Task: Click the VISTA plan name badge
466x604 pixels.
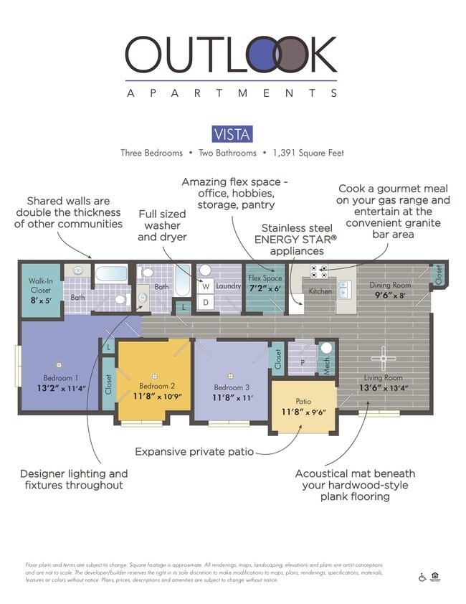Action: tap(232, 134)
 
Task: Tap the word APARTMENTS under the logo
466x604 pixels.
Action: tap(232, 93)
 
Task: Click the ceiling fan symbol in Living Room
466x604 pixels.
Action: tap(385, 357)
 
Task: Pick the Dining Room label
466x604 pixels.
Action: tap(389, 285)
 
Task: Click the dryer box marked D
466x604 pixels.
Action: tap(204, 303)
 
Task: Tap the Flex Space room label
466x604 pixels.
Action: tap(265, 278)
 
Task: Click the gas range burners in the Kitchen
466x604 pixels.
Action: tap(318, 271)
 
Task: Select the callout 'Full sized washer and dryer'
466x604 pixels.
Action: tap(162, 225)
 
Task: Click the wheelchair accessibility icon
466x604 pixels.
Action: tap(422, 577)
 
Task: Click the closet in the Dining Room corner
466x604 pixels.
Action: tap(439, 274)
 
